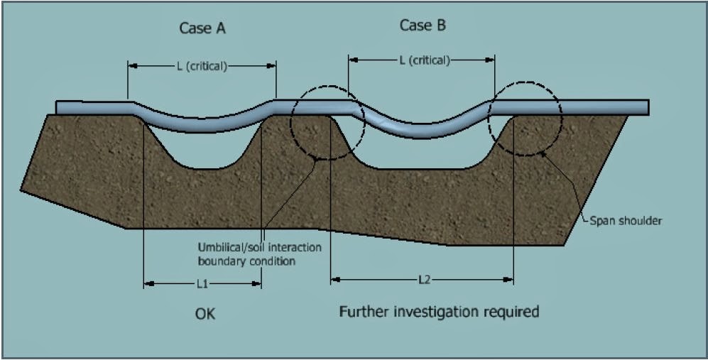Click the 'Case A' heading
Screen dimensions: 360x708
point(204,29)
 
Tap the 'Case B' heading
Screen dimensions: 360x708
point(423,26)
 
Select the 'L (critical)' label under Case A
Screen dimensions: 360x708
point(202,66)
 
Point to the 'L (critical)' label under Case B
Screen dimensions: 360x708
point(424,60)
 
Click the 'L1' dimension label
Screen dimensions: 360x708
point(202,283)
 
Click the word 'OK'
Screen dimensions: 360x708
point(205,313)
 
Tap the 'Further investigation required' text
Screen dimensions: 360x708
point(439,311)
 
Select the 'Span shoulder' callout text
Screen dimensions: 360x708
point(626,221)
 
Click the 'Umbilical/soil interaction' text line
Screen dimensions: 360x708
point(259,248)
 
